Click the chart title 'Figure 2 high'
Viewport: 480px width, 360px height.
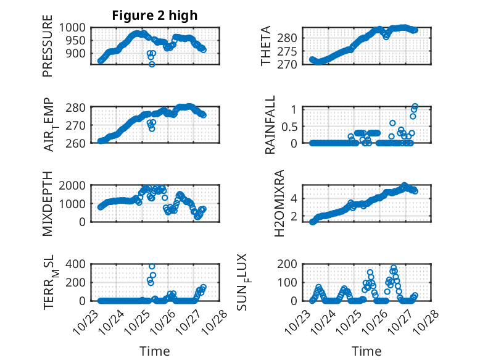click(154, 16)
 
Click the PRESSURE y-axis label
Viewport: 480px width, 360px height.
click(48, 49)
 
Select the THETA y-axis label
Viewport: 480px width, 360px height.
click(266, 46)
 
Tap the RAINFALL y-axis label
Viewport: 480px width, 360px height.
click(271, 127)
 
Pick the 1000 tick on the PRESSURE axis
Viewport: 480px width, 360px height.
click(74, 28)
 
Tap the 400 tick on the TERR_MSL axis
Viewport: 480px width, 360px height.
click(78, 264)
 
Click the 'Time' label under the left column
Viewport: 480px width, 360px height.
click(154, 351)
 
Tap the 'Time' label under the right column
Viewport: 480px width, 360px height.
click(366, 351)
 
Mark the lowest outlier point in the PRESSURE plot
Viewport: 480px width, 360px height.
click(152, 64)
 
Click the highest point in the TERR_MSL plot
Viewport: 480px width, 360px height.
click(152, 266)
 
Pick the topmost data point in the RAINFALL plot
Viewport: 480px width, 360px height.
click(415, 106)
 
